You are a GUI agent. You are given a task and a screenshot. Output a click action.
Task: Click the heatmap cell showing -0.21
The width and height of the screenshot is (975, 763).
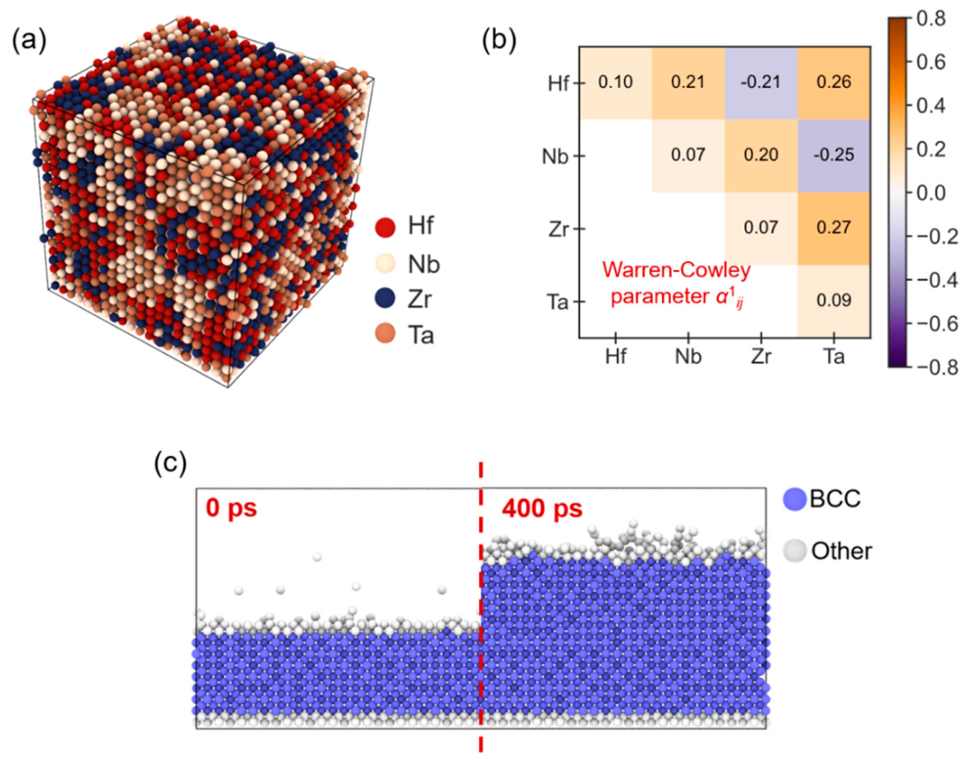click(761, 83)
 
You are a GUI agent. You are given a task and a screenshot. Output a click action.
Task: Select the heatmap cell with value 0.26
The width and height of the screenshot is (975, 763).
click(834, 83)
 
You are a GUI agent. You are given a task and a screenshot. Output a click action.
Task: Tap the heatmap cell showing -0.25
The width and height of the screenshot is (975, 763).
click(834, 156)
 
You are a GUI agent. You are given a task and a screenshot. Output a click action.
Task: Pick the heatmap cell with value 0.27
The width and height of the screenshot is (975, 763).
click(834, 228)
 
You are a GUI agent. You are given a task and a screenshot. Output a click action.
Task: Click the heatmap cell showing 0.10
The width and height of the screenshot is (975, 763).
click(615, 83)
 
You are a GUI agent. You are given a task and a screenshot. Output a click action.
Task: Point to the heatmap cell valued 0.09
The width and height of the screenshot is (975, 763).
click(834, 301)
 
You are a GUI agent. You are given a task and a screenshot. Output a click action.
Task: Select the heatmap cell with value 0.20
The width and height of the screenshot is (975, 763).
click(761, 156)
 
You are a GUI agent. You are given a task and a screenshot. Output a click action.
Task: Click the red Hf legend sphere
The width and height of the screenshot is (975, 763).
click(385, 227)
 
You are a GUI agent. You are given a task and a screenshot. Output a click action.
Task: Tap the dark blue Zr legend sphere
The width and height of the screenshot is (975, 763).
click(385, 298)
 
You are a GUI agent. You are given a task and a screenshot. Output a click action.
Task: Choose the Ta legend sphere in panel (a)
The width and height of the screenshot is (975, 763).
click(385, 335)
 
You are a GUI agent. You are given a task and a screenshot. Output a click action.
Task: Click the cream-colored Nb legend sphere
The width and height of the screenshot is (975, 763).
click(385, 263)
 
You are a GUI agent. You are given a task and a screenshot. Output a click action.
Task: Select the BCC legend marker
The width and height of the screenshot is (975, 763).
click(795, 499)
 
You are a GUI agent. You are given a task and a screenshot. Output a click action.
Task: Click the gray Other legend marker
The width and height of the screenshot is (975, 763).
click(795, 551)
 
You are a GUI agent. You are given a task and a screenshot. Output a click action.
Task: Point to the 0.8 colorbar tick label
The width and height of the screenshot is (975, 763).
click(931, 19)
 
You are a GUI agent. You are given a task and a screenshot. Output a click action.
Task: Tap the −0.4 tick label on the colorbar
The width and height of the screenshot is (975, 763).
click(937, 280)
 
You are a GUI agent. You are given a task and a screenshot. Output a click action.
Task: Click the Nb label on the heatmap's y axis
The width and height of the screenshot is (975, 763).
click(554, 157)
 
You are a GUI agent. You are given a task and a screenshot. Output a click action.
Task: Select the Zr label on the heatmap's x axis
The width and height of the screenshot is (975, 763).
click(761, 356)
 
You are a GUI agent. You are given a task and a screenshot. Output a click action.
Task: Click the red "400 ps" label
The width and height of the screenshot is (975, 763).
click(542, 509)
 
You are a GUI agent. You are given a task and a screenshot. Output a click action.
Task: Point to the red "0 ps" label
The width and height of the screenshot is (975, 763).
click(232, 509)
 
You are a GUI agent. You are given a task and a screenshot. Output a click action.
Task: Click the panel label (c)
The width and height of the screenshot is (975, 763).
click(170, 464)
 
